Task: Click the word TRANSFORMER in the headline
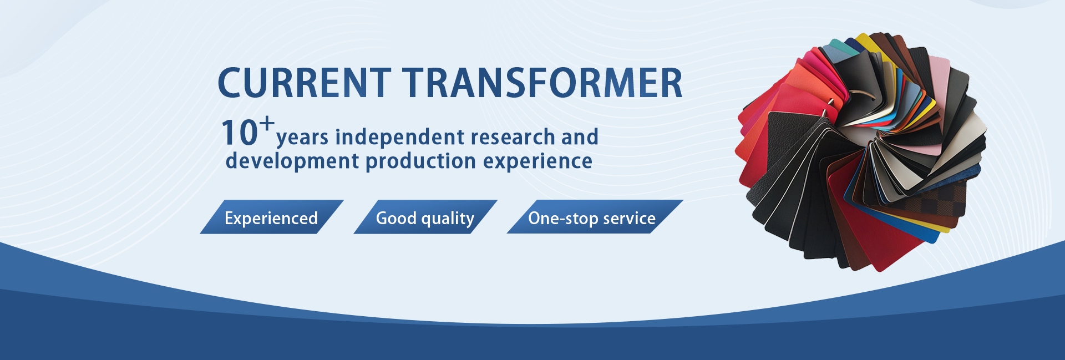pos(542,83)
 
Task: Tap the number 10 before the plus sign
pos(240,133)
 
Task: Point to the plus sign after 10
pos(267,123)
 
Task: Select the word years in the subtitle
pos(302,138)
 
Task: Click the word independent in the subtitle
pos(400,136)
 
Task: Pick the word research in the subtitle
pos(513,136)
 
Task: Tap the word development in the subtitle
pos(292,161)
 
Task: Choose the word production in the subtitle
pos(421,161)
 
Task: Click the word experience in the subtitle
pos(537,161)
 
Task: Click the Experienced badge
pos(271,217)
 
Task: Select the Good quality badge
pos(425,217)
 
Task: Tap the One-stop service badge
pos(595,217)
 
